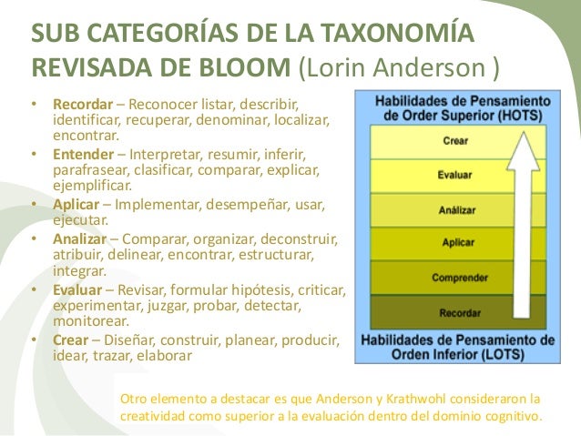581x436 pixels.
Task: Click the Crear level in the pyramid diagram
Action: pyautogui.click(x=455, y=141)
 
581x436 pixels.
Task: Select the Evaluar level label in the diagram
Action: pyautogui.click(x=455, y=175)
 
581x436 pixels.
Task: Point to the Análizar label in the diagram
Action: pyautogui.click(x=455, y=208)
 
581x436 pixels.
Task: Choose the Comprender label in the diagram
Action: pyautogui.click(x=459, y=278)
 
